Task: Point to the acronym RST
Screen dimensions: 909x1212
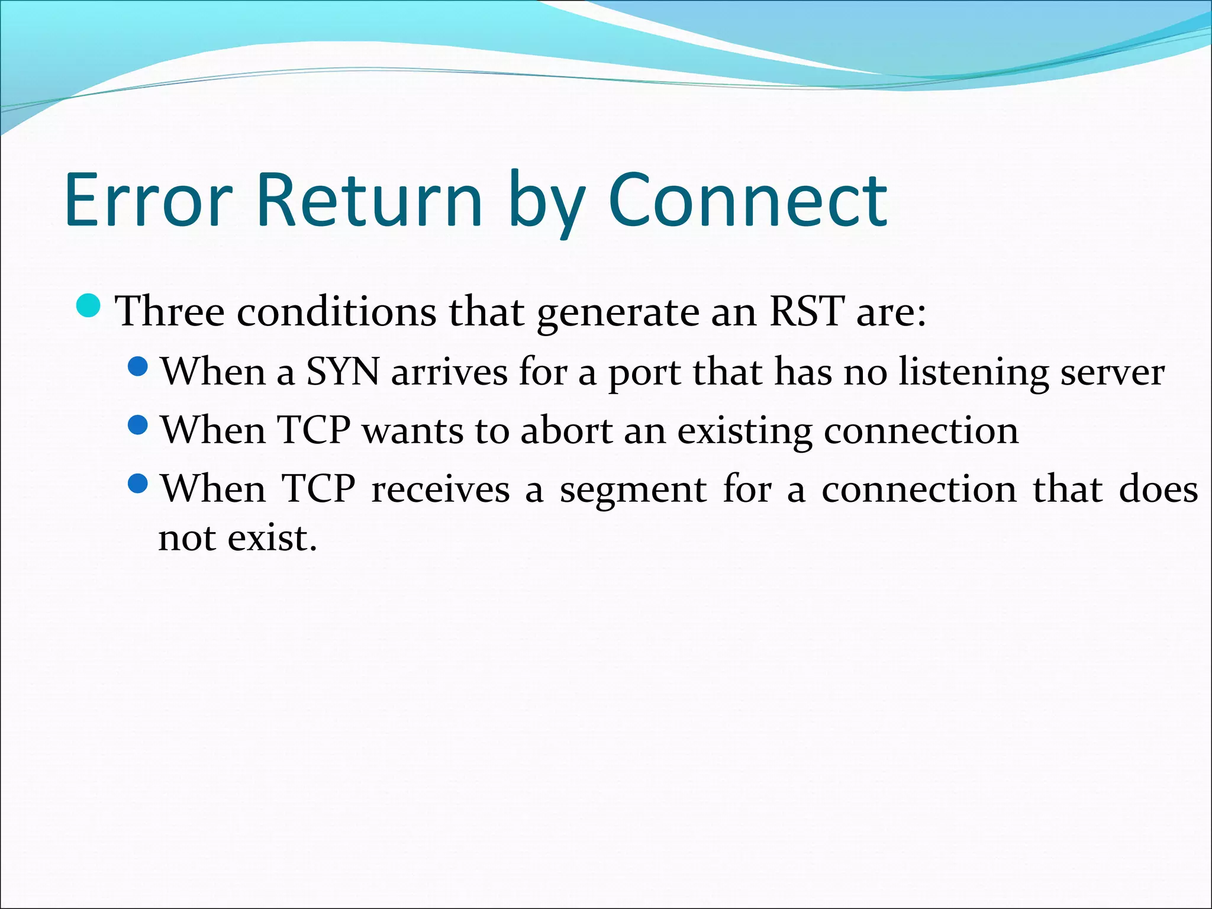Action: tap(807, 311)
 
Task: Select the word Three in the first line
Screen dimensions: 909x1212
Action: tap(170, 311)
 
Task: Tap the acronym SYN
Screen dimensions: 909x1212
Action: tap(343, 372)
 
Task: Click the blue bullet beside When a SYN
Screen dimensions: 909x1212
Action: tap(138, 366)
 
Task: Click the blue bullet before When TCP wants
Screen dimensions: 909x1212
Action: tap(138, 425)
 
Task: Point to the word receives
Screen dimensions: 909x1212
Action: tap(440, 490)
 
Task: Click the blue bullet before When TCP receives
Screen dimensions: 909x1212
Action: tap(138, 483)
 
